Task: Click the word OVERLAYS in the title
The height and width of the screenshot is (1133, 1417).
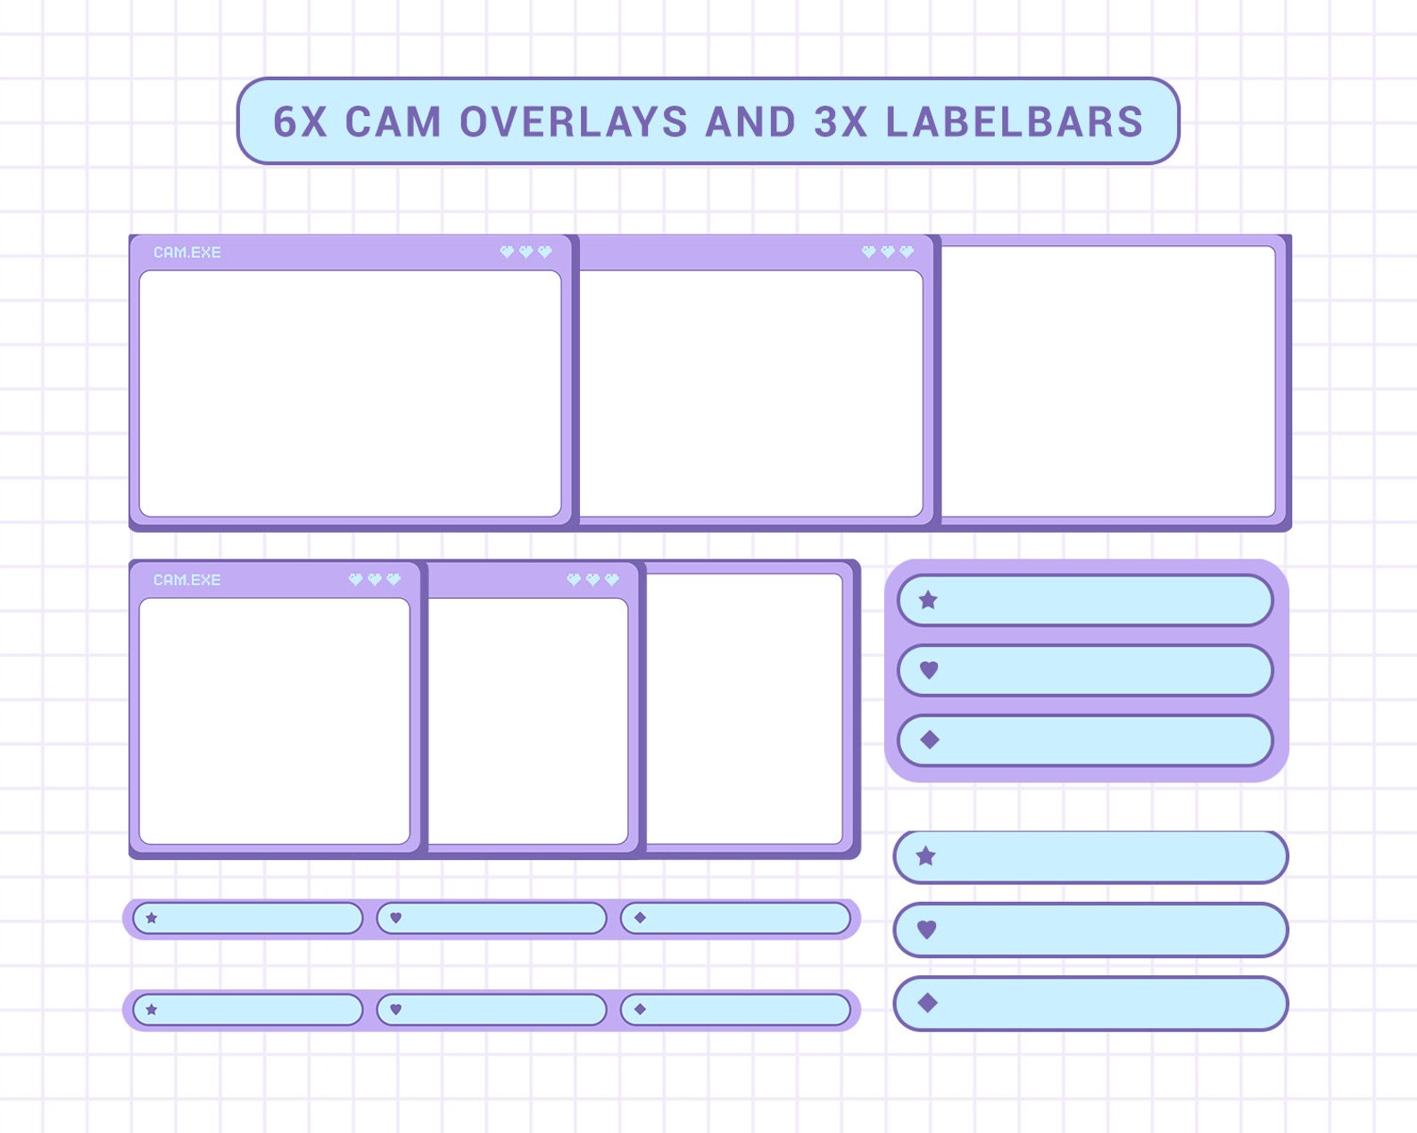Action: tap(573, 122)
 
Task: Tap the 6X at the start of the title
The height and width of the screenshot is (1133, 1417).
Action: tap(301, 122)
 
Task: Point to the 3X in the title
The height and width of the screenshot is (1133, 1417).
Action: tap(841, 122)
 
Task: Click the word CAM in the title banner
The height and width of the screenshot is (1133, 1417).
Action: tap(393, 122)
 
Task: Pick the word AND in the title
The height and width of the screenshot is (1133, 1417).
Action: tap(750, 122)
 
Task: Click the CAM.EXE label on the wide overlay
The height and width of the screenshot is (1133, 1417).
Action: tap(187, 252)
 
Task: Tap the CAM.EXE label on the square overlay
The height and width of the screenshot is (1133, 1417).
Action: tap(187, 580)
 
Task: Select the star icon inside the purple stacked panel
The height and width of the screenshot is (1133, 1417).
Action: tap(928, 600)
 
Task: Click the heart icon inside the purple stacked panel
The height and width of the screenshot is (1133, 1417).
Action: tap(929, 669)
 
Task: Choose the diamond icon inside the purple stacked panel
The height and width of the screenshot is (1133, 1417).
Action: tap(929, 740)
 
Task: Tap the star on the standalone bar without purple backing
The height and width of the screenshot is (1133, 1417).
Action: tap(926, 856)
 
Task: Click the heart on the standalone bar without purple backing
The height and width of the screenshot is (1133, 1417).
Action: tap(927, 930)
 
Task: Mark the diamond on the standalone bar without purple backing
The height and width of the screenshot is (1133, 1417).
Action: tap(927, 1003)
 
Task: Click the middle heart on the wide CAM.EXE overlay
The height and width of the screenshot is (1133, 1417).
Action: tap(526, 252)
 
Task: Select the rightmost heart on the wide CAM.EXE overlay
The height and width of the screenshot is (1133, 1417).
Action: tap(545, 252)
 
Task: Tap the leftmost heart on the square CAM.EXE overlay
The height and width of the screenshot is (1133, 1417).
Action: tap(355, 580)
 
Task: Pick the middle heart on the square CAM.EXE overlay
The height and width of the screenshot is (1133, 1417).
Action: tap(374, 580)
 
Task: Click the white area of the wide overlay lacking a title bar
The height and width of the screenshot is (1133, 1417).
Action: tap(1108, 381)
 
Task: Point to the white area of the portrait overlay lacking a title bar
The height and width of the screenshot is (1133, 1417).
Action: tap(743, 708)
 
